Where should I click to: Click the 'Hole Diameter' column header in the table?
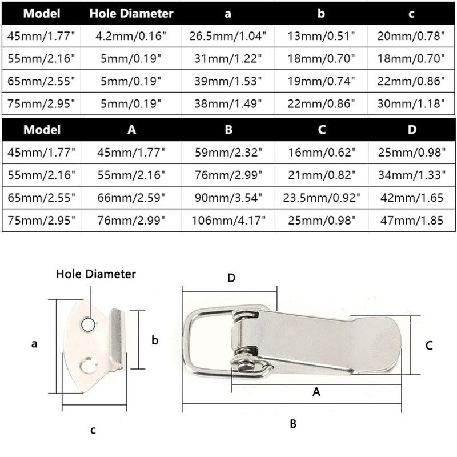coord(131,13)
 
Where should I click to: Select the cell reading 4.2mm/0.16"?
coord(131,36)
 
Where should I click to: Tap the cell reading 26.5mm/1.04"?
coord(227,36)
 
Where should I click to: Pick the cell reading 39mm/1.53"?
coord(228,81)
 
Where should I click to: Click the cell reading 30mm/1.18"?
coord(411,103)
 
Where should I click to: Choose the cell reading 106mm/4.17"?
coord(228,221)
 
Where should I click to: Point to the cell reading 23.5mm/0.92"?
coord(322,198)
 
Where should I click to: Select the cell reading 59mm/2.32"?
coord(228,152)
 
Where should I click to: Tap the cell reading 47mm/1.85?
coord(411,221)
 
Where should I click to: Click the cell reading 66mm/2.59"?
coord(131,198)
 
